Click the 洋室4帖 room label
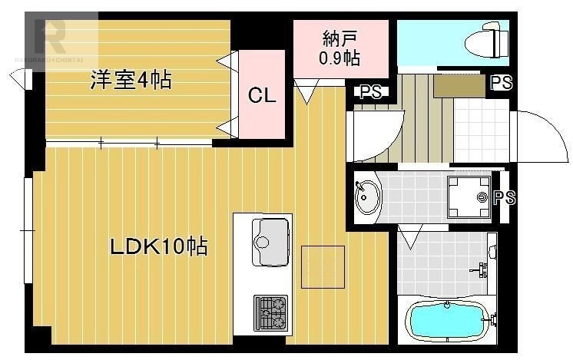[131, 79]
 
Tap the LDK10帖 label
[158, 247]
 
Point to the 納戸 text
[339, 38]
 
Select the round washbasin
[367, 197]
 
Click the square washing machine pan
[469, 197]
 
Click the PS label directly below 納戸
[370, 92]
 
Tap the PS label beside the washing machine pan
[504, 198]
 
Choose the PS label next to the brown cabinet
[501, 82]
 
